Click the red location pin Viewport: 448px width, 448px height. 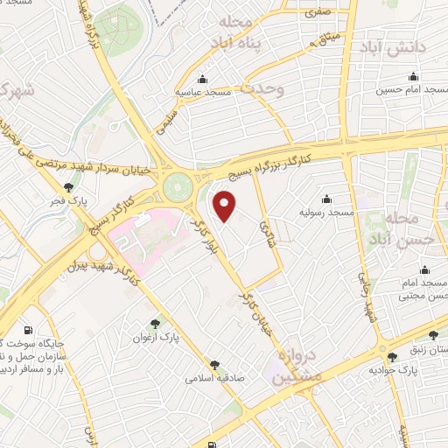(227, 207)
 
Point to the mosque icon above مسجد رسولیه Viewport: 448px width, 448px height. (327, 199)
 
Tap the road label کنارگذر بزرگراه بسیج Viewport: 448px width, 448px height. (262, 165)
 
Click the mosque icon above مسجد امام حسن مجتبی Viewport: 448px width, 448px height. (426, 269)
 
